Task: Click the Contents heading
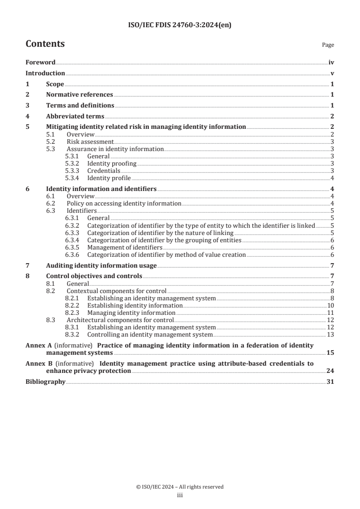coord(45,44)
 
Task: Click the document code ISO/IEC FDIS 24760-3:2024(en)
coord(180,26)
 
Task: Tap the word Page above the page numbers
coord(328,45)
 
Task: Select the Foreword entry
coord(40,63)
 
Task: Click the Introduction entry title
coord(45,73)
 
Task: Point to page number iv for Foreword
coord(331,63)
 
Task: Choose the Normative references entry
coord(79,95)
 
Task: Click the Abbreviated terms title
coord(75,116)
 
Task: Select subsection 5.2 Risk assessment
coord(90,142)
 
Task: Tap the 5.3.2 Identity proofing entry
coord(112,163)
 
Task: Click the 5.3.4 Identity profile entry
coord(109,177)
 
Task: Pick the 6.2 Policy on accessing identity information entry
coord(123,204)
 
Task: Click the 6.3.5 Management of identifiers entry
coord(124,247)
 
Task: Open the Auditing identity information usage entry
coord(101,265)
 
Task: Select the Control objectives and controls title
coord(94,276)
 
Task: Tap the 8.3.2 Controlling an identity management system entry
coord(150,334)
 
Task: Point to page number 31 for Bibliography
coord(330,382)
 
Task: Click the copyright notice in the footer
coord(180,487)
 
